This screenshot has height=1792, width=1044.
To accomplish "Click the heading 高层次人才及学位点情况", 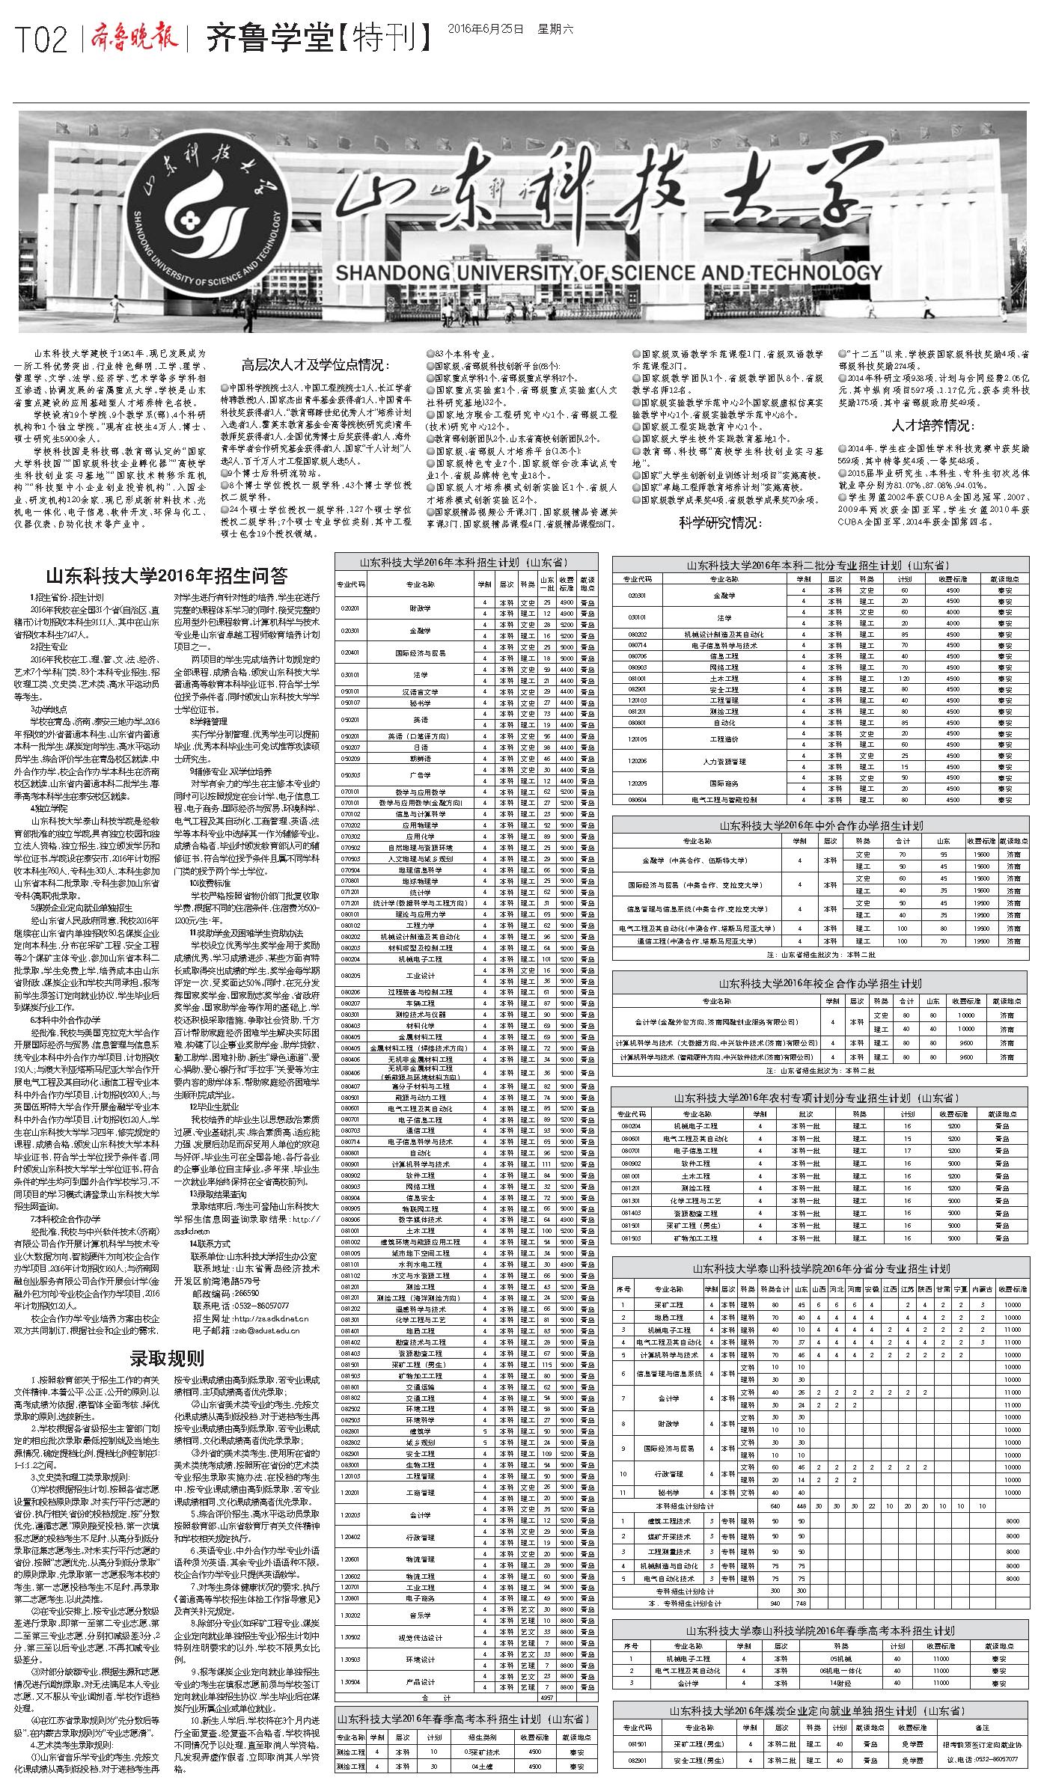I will (316, 365).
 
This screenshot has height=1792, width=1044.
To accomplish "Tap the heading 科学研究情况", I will (720, 522).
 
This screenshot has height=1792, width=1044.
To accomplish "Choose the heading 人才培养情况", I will (933, 426).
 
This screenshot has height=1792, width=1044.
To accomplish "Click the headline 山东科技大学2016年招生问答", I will (166, 576).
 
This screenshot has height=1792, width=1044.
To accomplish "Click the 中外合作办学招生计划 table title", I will (821, 825).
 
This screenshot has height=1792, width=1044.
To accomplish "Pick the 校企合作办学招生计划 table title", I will (821, 983).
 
